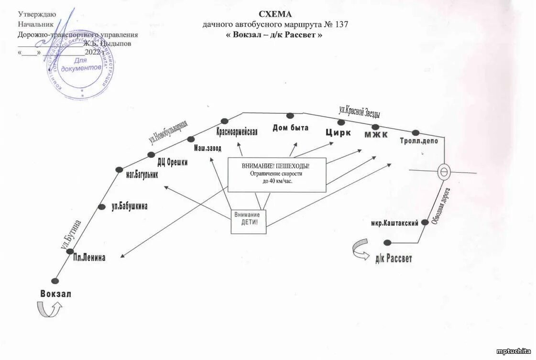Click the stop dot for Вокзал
point(55,281)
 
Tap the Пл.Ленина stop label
point(89,258)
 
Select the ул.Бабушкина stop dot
point(101,207)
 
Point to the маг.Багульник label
point(142,175)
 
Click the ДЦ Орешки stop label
point(172,162)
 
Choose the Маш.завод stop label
point(208,148)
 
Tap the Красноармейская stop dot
point(224,121)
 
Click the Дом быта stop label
point(291,128)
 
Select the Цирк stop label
point(339,133)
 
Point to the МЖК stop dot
point(375,127)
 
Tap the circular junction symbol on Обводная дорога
point(444,172)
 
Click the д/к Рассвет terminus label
point(394,259)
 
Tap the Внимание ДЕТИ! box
point(248,222)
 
